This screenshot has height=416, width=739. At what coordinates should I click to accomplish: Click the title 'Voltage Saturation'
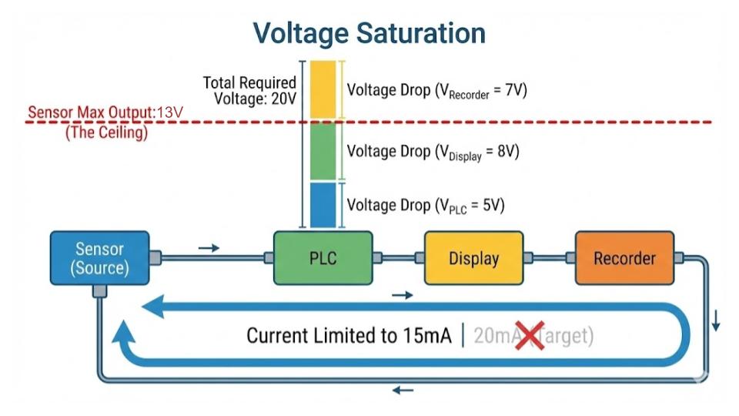pyautogui.click(x=369, y=33)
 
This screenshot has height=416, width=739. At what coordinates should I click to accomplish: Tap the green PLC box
pyautogui.click(x=323, y=258)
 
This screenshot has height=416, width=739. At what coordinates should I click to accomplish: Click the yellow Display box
pyautogui.click(x=473, y=258)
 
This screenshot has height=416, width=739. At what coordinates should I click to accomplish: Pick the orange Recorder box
pyautogui.click(x=624, y=258)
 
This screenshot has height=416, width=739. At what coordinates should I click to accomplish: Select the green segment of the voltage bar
pyautogui.click(x=323, y=152)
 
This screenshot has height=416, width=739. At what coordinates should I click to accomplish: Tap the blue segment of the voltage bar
pyautogui.click(x=323, y=205)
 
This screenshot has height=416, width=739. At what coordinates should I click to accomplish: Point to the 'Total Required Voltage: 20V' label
pyautogui.click(x=249, y=90)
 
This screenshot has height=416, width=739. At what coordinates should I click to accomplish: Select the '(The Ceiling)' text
pyautogui.click(x=106, y=132)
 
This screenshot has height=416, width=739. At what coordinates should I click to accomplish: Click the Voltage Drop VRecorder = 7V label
pyautogui.click(x=436, y=91)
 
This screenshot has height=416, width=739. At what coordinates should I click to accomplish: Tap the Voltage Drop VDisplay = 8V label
pyautogui.click(x=433, y=152)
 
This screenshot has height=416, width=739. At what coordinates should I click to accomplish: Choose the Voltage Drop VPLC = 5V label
pyautogui.click(x=426, y=206)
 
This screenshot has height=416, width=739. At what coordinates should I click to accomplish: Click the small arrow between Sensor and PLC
pyautogui.click(x=209, y=247)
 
